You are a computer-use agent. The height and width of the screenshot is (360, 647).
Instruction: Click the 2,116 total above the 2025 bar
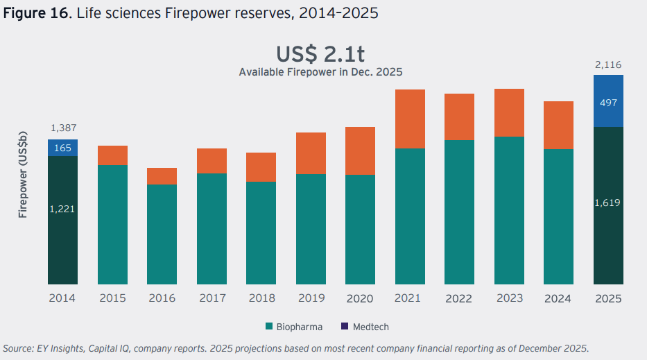click(x=608, y=65)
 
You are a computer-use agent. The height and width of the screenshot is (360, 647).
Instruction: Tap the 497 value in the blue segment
click(x=608, y=103)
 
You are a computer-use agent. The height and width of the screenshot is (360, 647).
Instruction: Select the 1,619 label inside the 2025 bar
click(x=608, y=203)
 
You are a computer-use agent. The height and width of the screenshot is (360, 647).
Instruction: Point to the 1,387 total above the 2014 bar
click(x=62, y=128)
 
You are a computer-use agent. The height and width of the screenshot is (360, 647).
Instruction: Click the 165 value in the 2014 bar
click(x=62, y=147)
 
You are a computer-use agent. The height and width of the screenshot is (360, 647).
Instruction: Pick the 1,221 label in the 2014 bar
click(x=62, y=209)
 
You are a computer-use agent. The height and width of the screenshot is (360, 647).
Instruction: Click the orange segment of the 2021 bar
click(x=410, y=119)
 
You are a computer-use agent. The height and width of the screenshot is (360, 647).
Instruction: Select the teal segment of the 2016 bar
click(x=162, y=234)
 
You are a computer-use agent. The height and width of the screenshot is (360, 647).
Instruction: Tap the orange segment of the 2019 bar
click(x=311, y=153)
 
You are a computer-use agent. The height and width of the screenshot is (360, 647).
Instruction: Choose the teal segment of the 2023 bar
click(x=509, y=210)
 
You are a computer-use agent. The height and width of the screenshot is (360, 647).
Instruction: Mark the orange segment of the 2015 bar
click(x=112, y=155)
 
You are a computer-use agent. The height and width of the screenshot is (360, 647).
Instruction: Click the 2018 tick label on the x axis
click(x=261, y=298)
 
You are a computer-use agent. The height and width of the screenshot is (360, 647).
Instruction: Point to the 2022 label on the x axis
click(x=459, y=298)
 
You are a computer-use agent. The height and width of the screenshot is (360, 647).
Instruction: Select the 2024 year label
click(x=558, y=298)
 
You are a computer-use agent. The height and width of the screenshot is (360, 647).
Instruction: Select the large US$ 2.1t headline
click(x=320, y=54)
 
